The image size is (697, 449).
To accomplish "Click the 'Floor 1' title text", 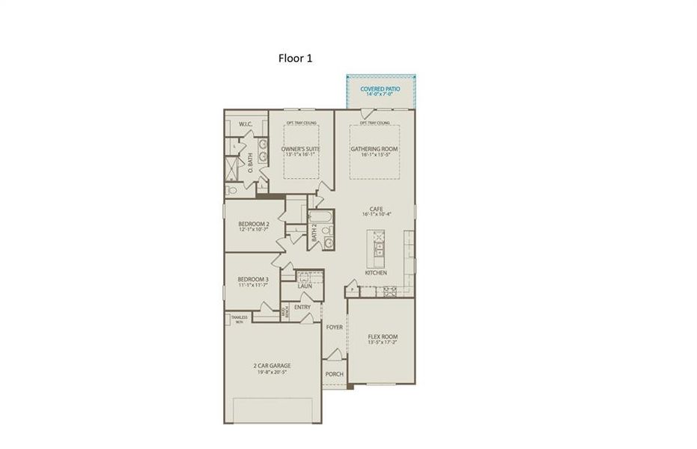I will tap(295, 58).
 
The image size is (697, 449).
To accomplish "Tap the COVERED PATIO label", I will tap(380, 88).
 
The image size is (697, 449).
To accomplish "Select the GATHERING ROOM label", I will tap(374, 149).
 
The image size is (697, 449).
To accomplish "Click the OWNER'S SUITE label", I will tap(301, 149).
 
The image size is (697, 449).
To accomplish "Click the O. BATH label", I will tap(250, 164).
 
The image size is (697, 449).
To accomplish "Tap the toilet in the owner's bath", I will tap(232, 192).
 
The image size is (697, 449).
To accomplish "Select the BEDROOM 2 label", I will tap(253, 224).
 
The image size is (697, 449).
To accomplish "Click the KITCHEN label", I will tap(376, 273).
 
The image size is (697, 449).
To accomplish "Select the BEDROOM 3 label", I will tap(253, 280).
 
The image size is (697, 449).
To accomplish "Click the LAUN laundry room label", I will tap(305, 286).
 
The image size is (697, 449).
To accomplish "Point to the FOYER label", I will tap(334, 327).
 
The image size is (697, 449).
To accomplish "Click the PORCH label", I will tap(334, 374).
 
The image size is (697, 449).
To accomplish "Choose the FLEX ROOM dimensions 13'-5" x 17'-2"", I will tap(382, 342).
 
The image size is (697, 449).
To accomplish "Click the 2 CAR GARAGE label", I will tap(271, 366).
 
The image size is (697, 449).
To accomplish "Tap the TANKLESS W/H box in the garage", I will tap(237, 319).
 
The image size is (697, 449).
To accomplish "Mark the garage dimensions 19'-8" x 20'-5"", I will tap(271, 372).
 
